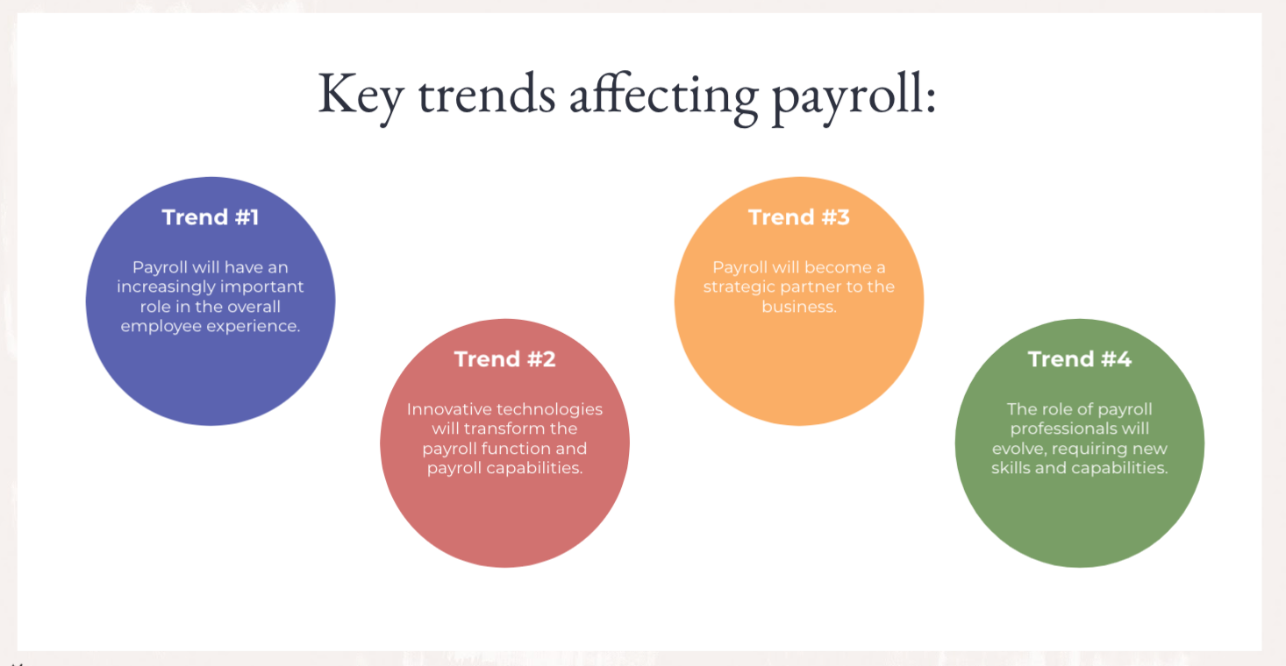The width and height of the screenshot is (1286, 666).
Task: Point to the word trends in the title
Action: pos(487,95)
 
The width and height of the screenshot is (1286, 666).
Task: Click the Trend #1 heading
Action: pos(211,217)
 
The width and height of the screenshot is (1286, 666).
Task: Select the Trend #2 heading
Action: pos(504,359)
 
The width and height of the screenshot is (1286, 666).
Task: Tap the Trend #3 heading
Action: pos(798,217)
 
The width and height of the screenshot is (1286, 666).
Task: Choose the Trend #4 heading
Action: pos(1079,359)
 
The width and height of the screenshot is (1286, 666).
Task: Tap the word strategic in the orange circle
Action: pos(739,287)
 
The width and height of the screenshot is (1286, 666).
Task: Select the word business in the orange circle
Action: pos(798,307)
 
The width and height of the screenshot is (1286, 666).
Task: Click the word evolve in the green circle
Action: pos(1015,449)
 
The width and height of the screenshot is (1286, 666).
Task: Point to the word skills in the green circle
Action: pos(1011,468)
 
